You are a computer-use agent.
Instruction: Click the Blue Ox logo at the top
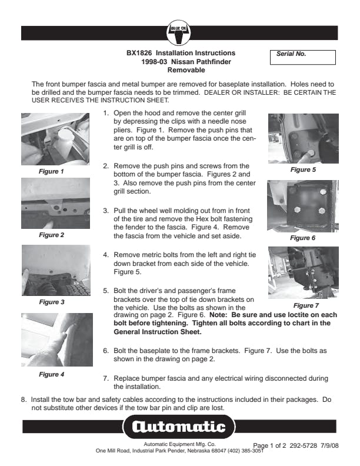(178, 33)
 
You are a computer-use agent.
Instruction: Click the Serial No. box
(303, 57)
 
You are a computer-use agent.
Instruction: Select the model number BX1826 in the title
(139, 53)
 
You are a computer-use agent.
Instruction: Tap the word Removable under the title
(186, 70)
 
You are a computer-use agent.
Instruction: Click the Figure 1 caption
(51, 171)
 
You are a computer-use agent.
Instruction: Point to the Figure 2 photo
(55, 203)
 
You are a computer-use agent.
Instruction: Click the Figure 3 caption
(52, 302)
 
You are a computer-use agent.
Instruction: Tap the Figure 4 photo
(57, 339)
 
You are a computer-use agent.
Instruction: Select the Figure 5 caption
(303, 169)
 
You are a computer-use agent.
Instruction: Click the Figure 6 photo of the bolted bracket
(303, 206)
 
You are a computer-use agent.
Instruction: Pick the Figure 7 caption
(306, 305)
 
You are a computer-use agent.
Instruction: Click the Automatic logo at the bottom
(179, 427)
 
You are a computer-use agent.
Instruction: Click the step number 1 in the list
(106, 113)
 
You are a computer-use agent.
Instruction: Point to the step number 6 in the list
(106, 351)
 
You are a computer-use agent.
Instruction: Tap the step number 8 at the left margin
(24, 400)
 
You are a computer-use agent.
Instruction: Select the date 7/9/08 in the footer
(329, 445)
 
